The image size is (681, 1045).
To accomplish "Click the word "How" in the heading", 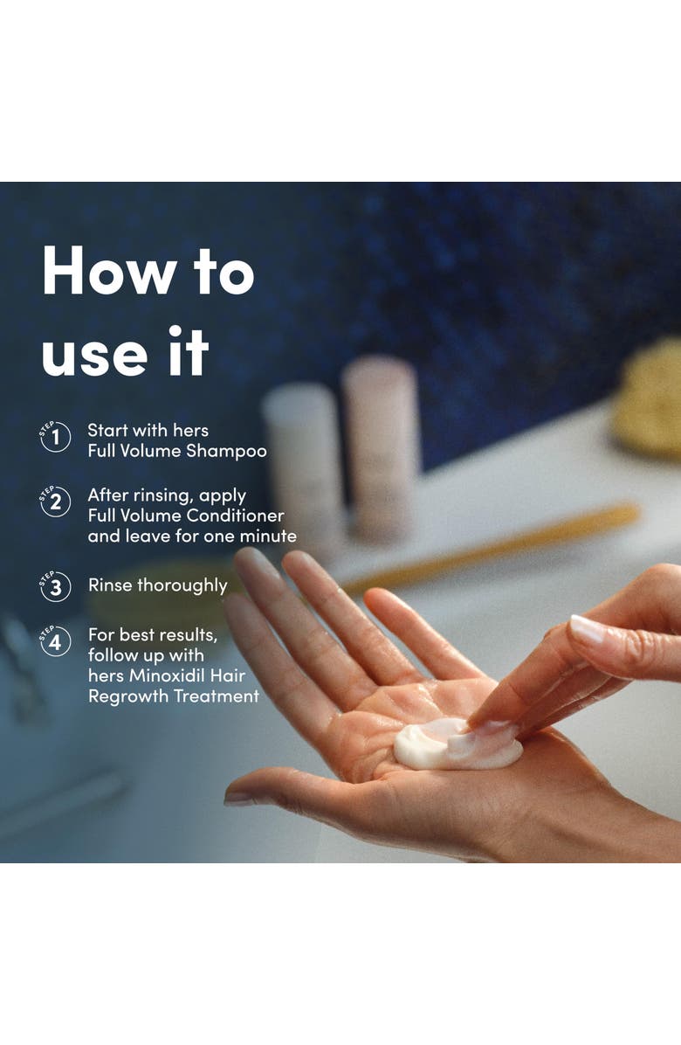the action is pos(109,270).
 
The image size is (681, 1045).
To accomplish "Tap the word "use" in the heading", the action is pos(94,356).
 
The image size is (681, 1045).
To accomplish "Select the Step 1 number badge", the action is pos(55,437).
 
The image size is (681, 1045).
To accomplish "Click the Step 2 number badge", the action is pos(55,502).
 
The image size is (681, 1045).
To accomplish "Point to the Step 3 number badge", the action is pos(55,587).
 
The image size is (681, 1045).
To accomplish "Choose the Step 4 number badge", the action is pos(55,642).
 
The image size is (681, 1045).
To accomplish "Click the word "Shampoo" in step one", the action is pos(226,452).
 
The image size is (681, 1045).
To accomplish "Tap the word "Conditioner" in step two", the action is pos(235,516).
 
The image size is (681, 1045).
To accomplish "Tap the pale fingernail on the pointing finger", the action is pos(587,628).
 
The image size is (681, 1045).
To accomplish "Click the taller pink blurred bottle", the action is pos(381,446).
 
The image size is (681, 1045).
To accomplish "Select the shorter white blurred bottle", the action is pos(304,460).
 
